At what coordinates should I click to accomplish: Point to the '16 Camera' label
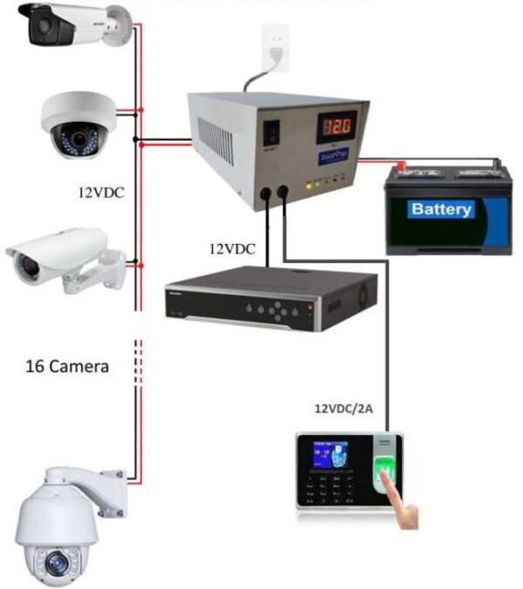coord(66,367)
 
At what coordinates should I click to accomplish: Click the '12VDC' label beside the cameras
coord(101,193)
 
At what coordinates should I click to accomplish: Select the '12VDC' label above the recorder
coord(232,248)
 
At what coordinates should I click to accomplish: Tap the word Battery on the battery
coord(441,209)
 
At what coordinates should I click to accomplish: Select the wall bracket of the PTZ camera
coord(112,480)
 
